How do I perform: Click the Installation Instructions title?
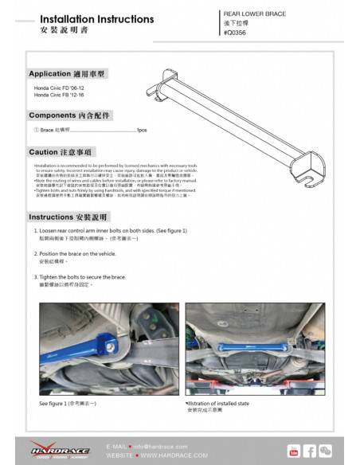click(96, 18)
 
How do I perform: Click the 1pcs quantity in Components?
click(141, 130)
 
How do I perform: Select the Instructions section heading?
click(68, 217)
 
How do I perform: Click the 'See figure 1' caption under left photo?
click(68, 405)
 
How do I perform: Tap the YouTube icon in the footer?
click(293, 451)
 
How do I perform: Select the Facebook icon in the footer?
click(311, 451)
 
